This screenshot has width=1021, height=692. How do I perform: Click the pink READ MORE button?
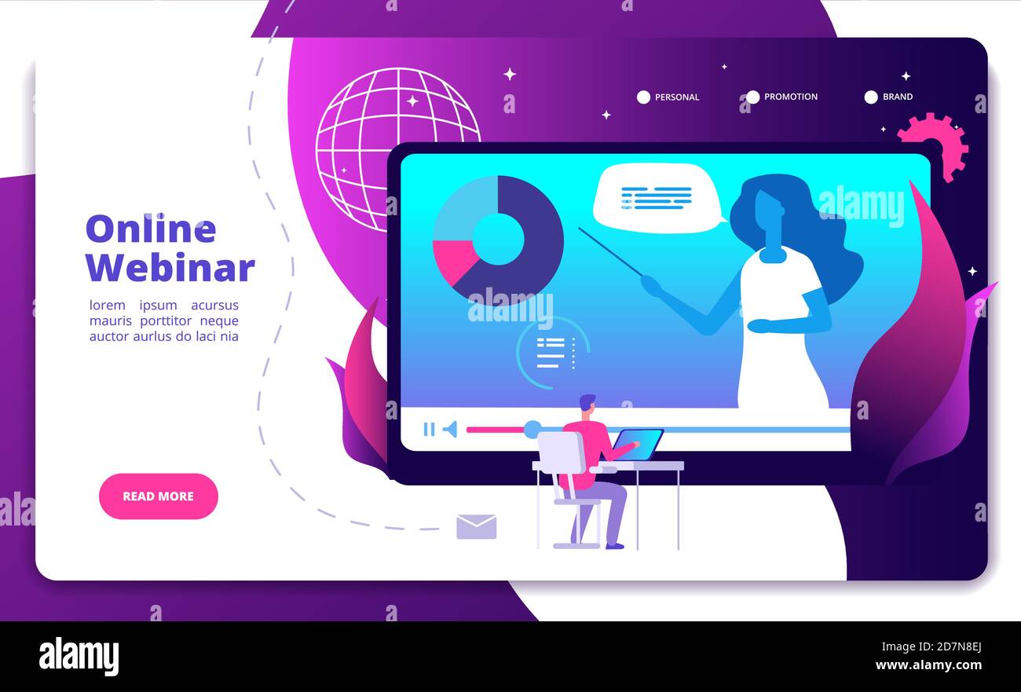point(158,496)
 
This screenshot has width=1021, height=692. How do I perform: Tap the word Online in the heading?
point(150,229)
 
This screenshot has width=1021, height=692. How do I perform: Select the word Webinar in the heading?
point(170,268)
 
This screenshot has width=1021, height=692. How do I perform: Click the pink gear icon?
point(935,145)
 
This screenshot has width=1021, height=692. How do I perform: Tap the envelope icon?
point(476,526)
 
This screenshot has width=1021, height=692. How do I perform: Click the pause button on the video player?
point(429,429)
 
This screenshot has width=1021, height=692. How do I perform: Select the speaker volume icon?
point(450,429)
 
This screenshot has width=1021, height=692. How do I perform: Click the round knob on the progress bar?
point(532,429)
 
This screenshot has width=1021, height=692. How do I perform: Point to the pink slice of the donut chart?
point(453,260)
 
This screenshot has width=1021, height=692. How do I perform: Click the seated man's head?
point(587,405)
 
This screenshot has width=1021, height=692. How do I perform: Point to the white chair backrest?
point(561,453)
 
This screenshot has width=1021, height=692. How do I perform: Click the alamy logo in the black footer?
point(79,656)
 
